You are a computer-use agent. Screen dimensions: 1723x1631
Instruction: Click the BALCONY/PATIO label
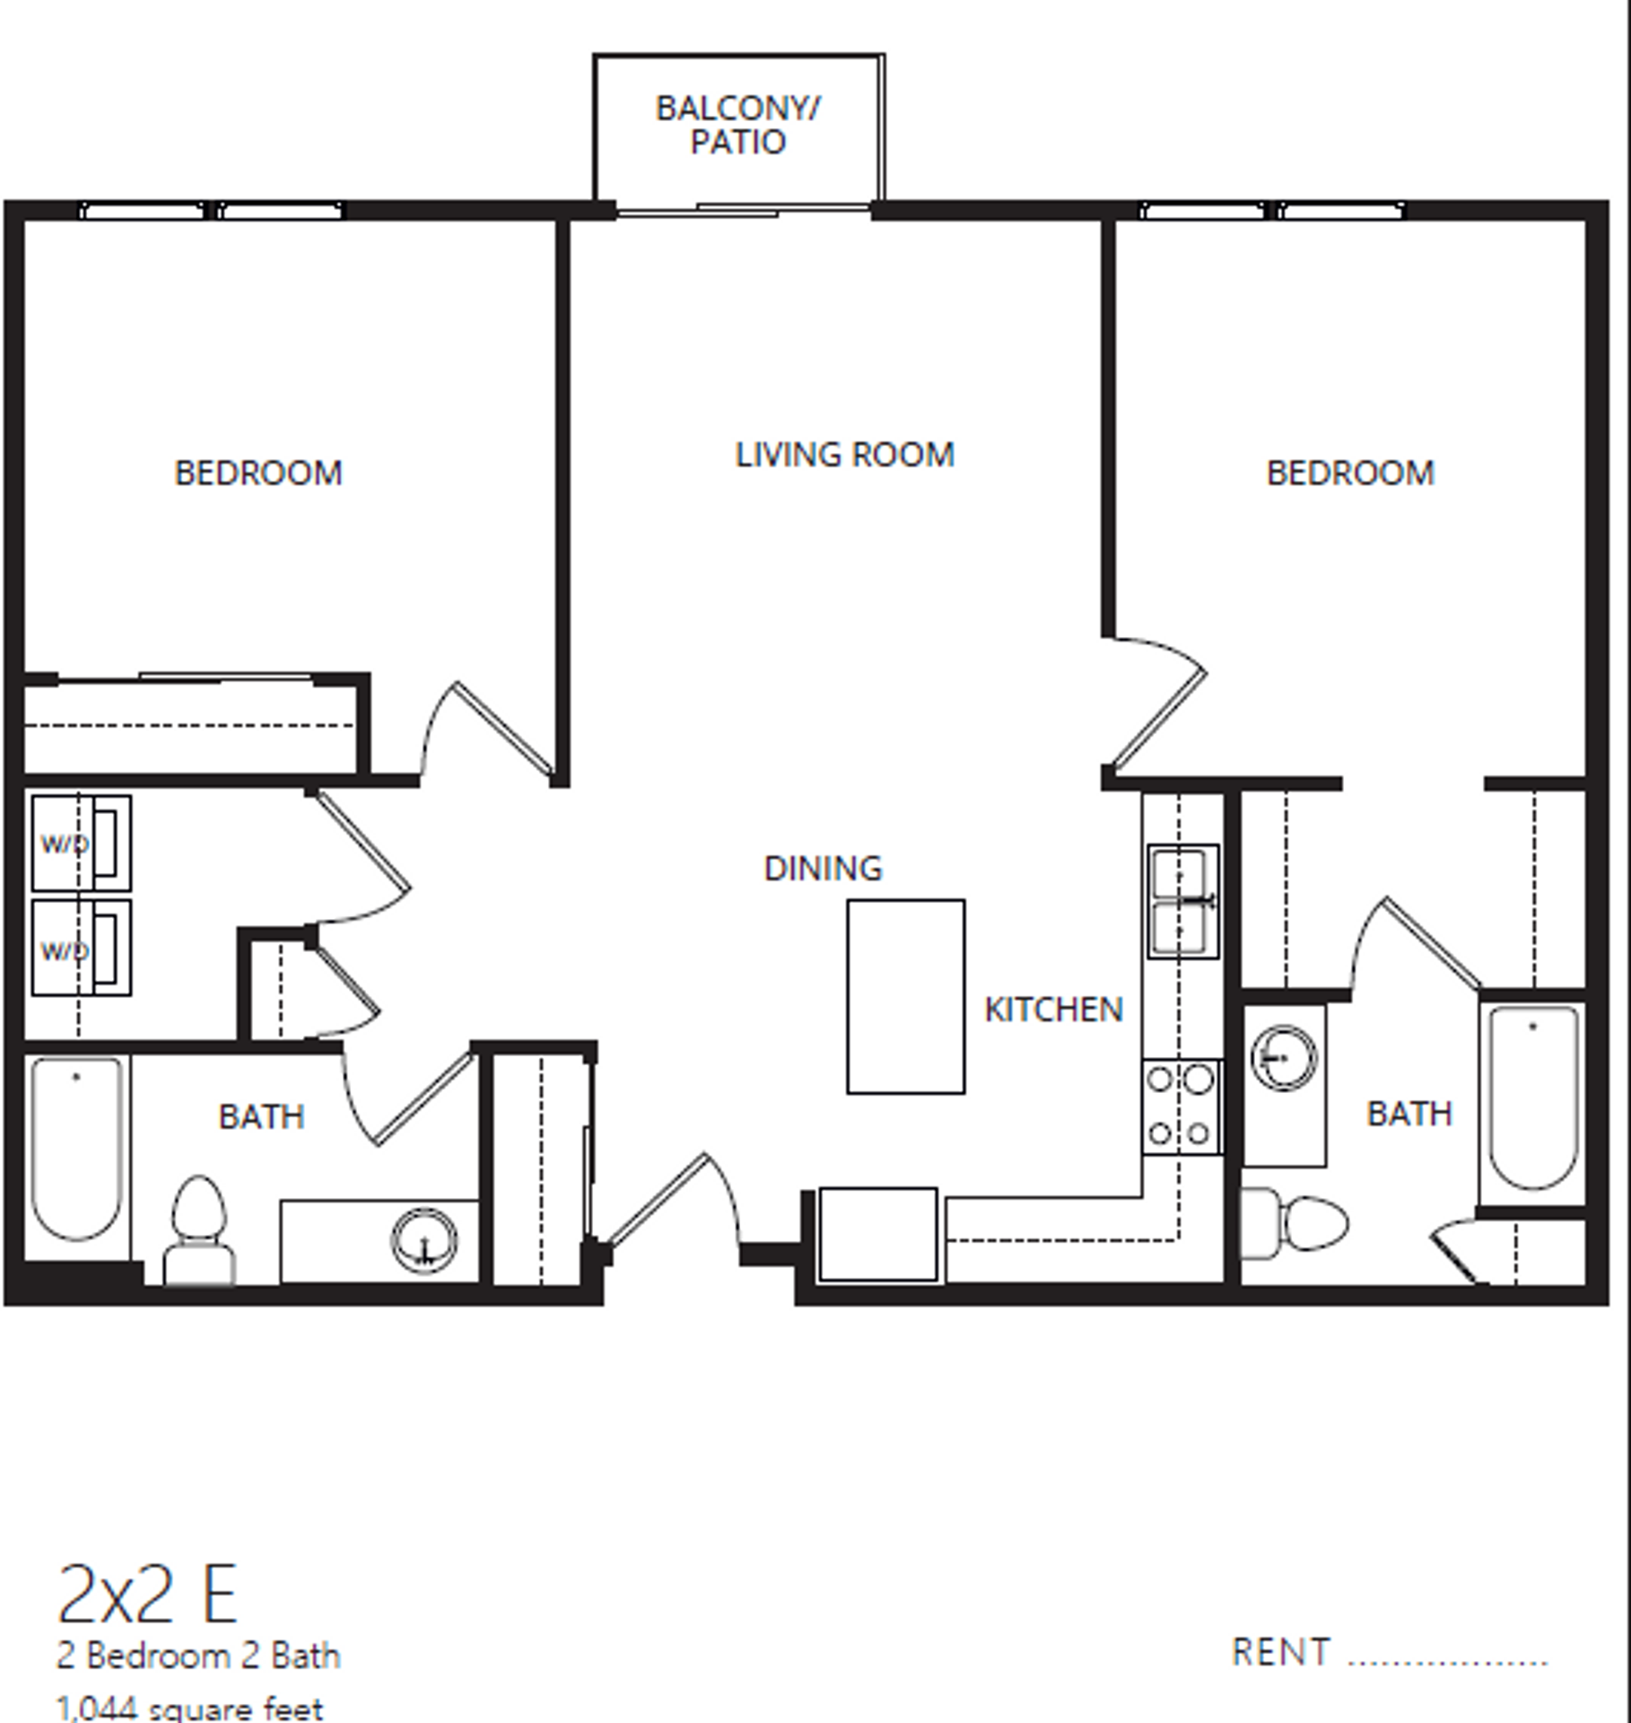click(x=737, y=125)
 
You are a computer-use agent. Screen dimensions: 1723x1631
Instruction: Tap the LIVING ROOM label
click(x=844, y=455)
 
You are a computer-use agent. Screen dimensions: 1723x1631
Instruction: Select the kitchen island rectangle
click(x=905, y=996)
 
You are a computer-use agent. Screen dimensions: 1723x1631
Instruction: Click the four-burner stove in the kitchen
click(x=1181, y=1106)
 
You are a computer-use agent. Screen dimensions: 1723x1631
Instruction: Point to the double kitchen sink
click(x=1182, y=901)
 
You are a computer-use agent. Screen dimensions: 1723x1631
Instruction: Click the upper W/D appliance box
click(x=81, y=843)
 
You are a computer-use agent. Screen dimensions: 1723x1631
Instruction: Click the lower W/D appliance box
click(x=81, y=948)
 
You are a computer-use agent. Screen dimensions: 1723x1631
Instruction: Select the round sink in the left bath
click(x=424, y=1240)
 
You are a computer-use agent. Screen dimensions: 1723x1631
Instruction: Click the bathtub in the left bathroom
click(x=76, y=1148)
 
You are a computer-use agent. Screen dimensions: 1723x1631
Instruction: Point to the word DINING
click(x=823, y=869)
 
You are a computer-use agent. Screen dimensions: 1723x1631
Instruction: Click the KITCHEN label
click(x=1053, y=1010)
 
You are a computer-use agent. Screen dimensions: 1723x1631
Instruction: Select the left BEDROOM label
click(x=258, y=473)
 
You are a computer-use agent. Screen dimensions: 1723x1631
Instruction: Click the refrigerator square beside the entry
click(x=877, y=1234)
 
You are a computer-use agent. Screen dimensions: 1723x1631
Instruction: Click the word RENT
click(x=1279, y=1652)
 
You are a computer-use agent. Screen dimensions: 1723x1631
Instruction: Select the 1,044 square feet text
click(x=189, y=1708)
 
